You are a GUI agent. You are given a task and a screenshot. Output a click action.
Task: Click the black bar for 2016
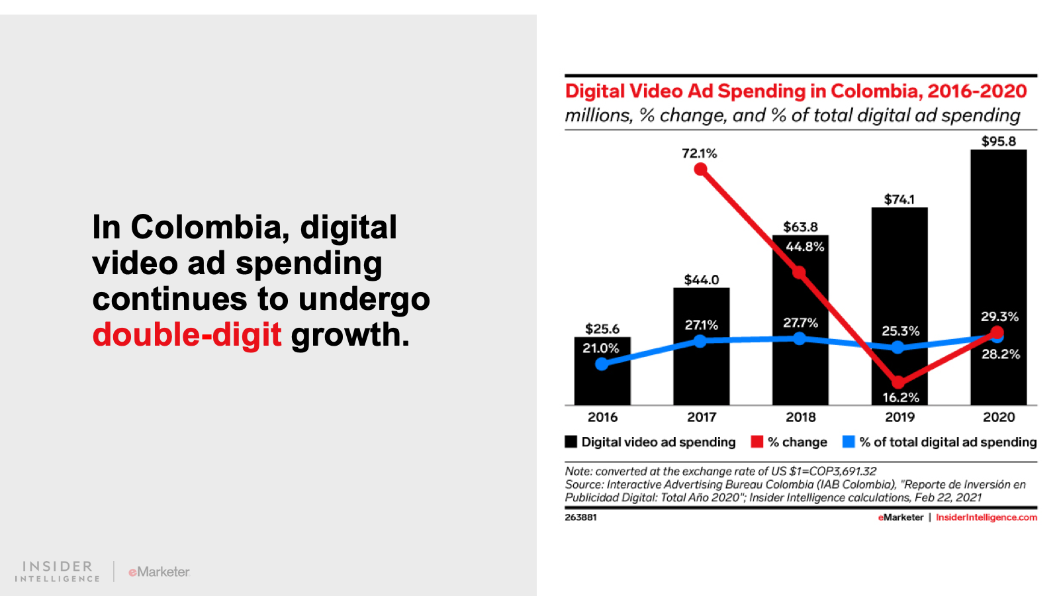[x=602, y=384]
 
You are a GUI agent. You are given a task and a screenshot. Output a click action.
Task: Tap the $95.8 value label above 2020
[x=998, y=141]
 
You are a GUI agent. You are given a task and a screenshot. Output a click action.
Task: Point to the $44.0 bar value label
[x=701, y=279]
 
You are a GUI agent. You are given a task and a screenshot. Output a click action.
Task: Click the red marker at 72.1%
[x=700, y=170]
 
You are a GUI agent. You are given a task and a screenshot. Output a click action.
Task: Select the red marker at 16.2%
[x=898, y=382]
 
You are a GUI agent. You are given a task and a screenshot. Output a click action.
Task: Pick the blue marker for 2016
[x=602, y=364]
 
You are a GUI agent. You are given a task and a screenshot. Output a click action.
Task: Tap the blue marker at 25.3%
[x=898, y=348]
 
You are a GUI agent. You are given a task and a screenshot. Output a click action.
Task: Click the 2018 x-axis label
[x=800, y=417]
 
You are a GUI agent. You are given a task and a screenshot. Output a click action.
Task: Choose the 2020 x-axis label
[x=998, y=417]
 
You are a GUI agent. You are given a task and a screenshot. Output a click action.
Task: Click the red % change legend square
[x=757, y=442]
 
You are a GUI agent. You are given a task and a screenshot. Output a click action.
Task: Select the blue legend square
[x=849, y=442]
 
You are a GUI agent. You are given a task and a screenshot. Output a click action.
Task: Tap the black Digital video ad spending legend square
[x=571, y=442]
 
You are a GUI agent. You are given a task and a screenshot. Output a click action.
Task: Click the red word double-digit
[x=187, y=334]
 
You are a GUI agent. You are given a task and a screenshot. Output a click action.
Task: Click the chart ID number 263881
[x=580, y=517]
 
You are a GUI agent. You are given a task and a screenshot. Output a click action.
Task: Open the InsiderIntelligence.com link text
[x=986, y=517]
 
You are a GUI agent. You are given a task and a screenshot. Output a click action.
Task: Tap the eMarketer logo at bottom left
[x=160, y=571]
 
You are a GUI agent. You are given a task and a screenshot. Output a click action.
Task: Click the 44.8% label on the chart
[x=805, y=247]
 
